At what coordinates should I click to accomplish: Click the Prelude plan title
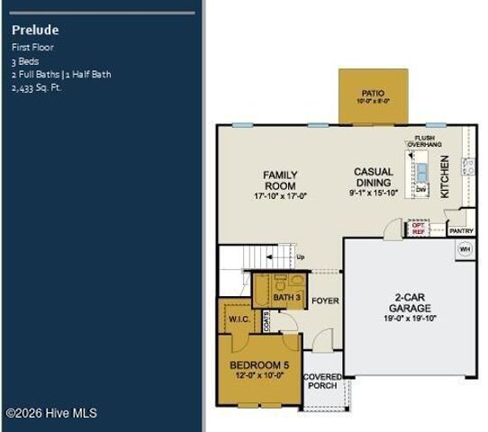pos(36,30)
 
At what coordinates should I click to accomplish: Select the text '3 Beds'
pos(26,60)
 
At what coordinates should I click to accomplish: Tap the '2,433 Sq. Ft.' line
pos(37,88)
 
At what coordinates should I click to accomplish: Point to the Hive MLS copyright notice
pos(51,413)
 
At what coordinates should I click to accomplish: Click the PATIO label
pos(373,92)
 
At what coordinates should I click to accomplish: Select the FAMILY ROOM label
pos(280,180)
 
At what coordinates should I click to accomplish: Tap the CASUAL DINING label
pos(373,177)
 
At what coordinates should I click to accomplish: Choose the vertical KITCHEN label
pos(445,176)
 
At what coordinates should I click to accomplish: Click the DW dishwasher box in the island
pos(420,190)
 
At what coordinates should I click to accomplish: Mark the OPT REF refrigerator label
pos(418,229)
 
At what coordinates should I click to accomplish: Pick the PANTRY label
pos(461,231)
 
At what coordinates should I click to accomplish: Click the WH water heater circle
pos(465,249)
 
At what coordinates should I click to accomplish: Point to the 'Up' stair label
pos(300,257)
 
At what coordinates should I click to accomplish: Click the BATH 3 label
pos(286,297)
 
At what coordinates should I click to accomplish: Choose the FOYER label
pos(325,301)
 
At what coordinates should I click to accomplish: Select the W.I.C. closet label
pos(239,319)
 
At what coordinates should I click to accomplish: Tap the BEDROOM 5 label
pos(259,364)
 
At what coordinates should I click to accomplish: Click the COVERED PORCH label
pos(321,381)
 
